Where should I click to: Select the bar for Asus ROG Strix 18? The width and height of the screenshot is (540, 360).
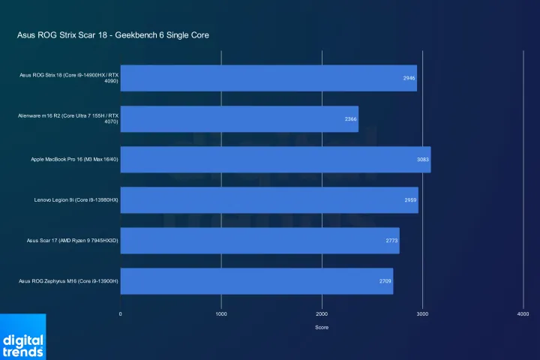point(268,78)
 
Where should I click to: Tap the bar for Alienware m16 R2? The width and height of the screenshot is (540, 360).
point(239,119)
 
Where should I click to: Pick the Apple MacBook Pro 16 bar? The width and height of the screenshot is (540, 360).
point(275,160)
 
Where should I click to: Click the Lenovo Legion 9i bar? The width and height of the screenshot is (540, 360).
point(269,200)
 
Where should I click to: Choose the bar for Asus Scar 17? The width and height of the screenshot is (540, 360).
point(259,241)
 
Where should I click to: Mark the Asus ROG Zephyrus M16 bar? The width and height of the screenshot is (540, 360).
point(256,281)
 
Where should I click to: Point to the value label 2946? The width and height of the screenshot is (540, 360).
point(409,78)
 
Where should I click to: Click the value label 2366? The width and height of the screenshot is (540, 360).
point(350,119)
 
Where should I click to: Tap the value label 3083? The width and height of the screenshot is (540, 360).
point(422,160)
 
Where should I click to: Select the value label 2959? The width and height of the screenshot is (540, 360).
point(410,200)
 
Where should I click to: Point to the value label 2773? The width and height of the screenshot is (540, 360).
point(391,241)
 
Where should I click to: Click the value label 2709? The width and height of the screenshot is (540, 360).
point(385,281)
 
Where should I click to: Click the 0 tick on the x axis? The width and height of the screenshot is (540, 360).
point(121,313)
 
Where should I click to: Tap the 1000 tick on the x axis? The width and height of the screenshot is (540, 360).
point(221,313)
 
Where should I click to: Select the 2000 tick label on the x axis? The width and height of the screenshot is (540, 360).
point(322,313)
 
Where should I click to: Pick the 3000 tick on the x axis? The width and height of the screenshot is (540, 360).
point(422,313)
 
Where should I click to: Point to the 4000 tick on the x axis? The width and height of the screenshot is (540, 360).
point(523,313)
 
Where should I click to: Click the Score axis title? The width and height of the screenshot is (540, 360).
point(322,327)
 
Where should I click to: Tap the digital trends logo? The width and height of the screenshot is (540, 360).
point(22,337)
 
